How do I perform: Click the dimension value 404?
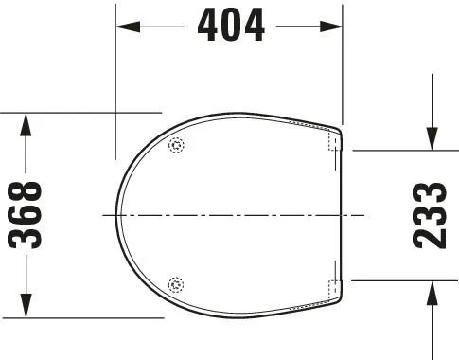231,27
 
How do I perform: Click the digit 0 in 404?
231,27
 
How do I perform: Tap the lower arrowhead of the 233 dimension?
432,289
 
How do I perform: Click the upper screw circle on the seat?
174,146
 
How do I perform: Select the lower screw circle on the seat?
174,283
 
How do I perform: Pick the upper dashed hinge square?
333,142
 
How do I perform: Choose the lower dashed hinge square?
333,287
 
